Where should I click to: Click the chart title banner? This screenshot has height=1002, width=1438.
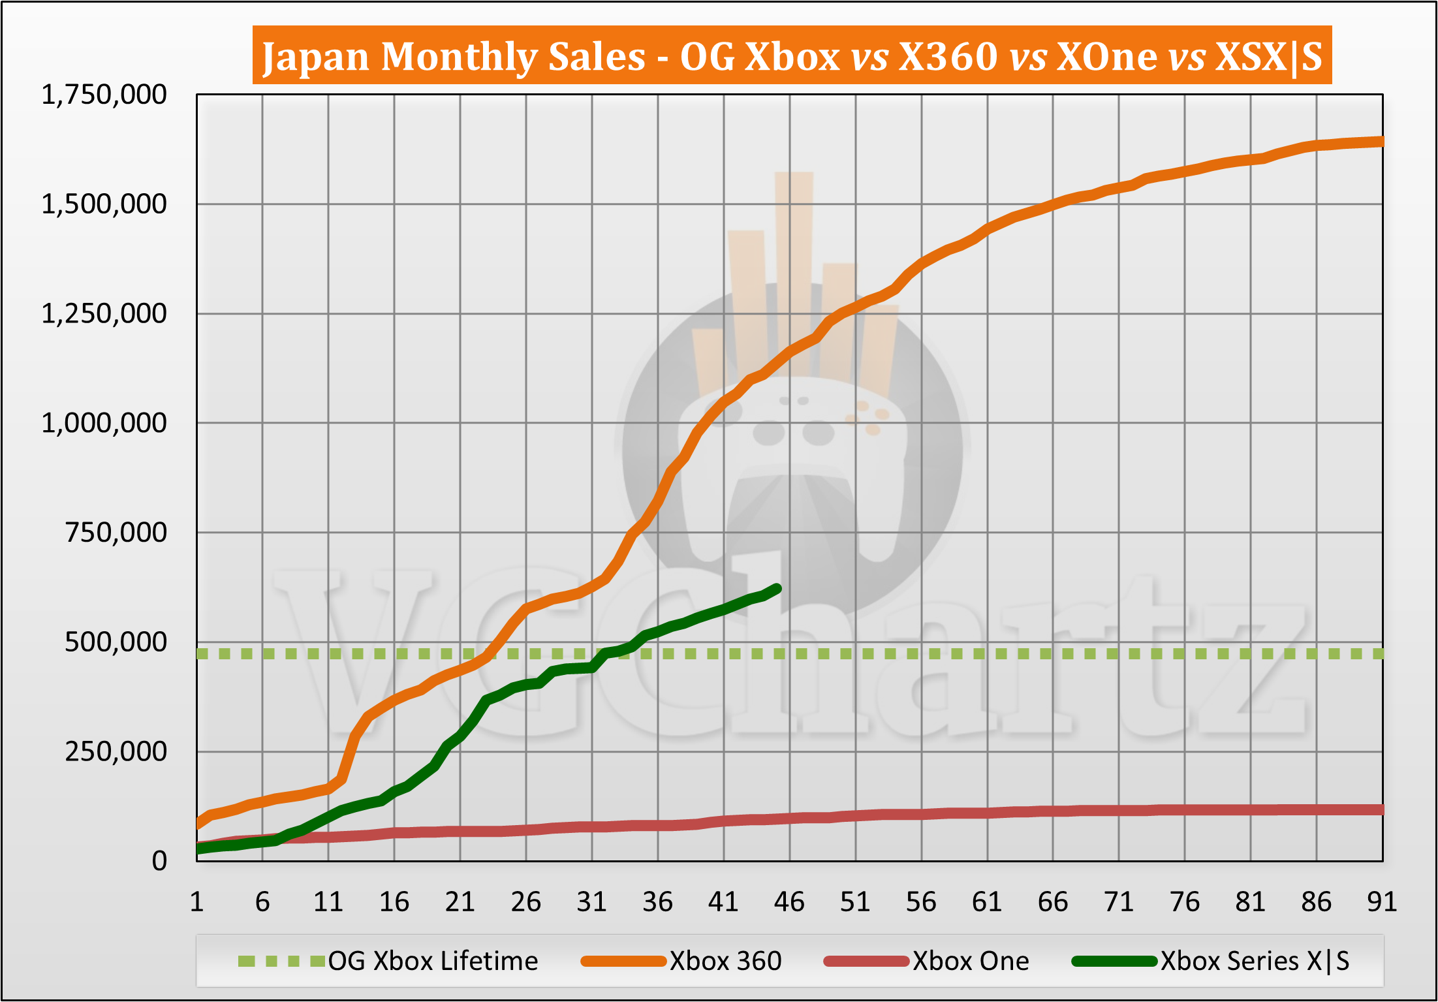[791, 56]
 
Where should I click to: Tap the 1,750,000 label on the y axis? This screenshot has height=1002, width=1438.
[104, 95]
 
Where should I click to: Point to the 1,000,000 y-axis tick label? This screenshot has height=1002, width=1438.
[104, 424]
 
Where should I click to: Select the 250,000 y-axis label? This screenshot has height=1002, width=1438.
[116, 752]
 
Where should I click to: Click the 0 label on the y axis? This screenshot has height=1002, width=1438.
[159, 862]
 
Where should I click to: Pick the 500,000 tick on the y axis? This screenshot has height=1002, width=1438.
[116, 642]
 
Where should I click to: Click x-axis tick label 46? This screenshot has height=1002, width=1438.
[789, 902]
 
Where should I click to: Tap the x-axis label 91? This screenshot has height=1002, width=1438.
[1382, 902]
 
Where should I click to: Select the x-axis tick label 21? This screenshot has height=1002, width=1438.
[460, 902]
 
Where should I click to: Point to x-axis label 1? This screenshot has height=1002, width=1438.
[196, 902]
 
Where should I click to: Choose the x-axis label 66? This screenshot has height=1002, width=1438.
[1053, 902]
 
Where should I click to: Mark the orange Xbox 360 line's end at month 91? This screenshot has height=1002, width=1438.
[1381, 142]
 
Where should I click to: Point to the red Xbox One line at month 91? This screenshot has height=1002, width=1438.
[1381, 810]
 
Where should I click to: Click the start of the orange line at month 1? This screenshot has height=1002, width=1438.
[198, 824]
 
